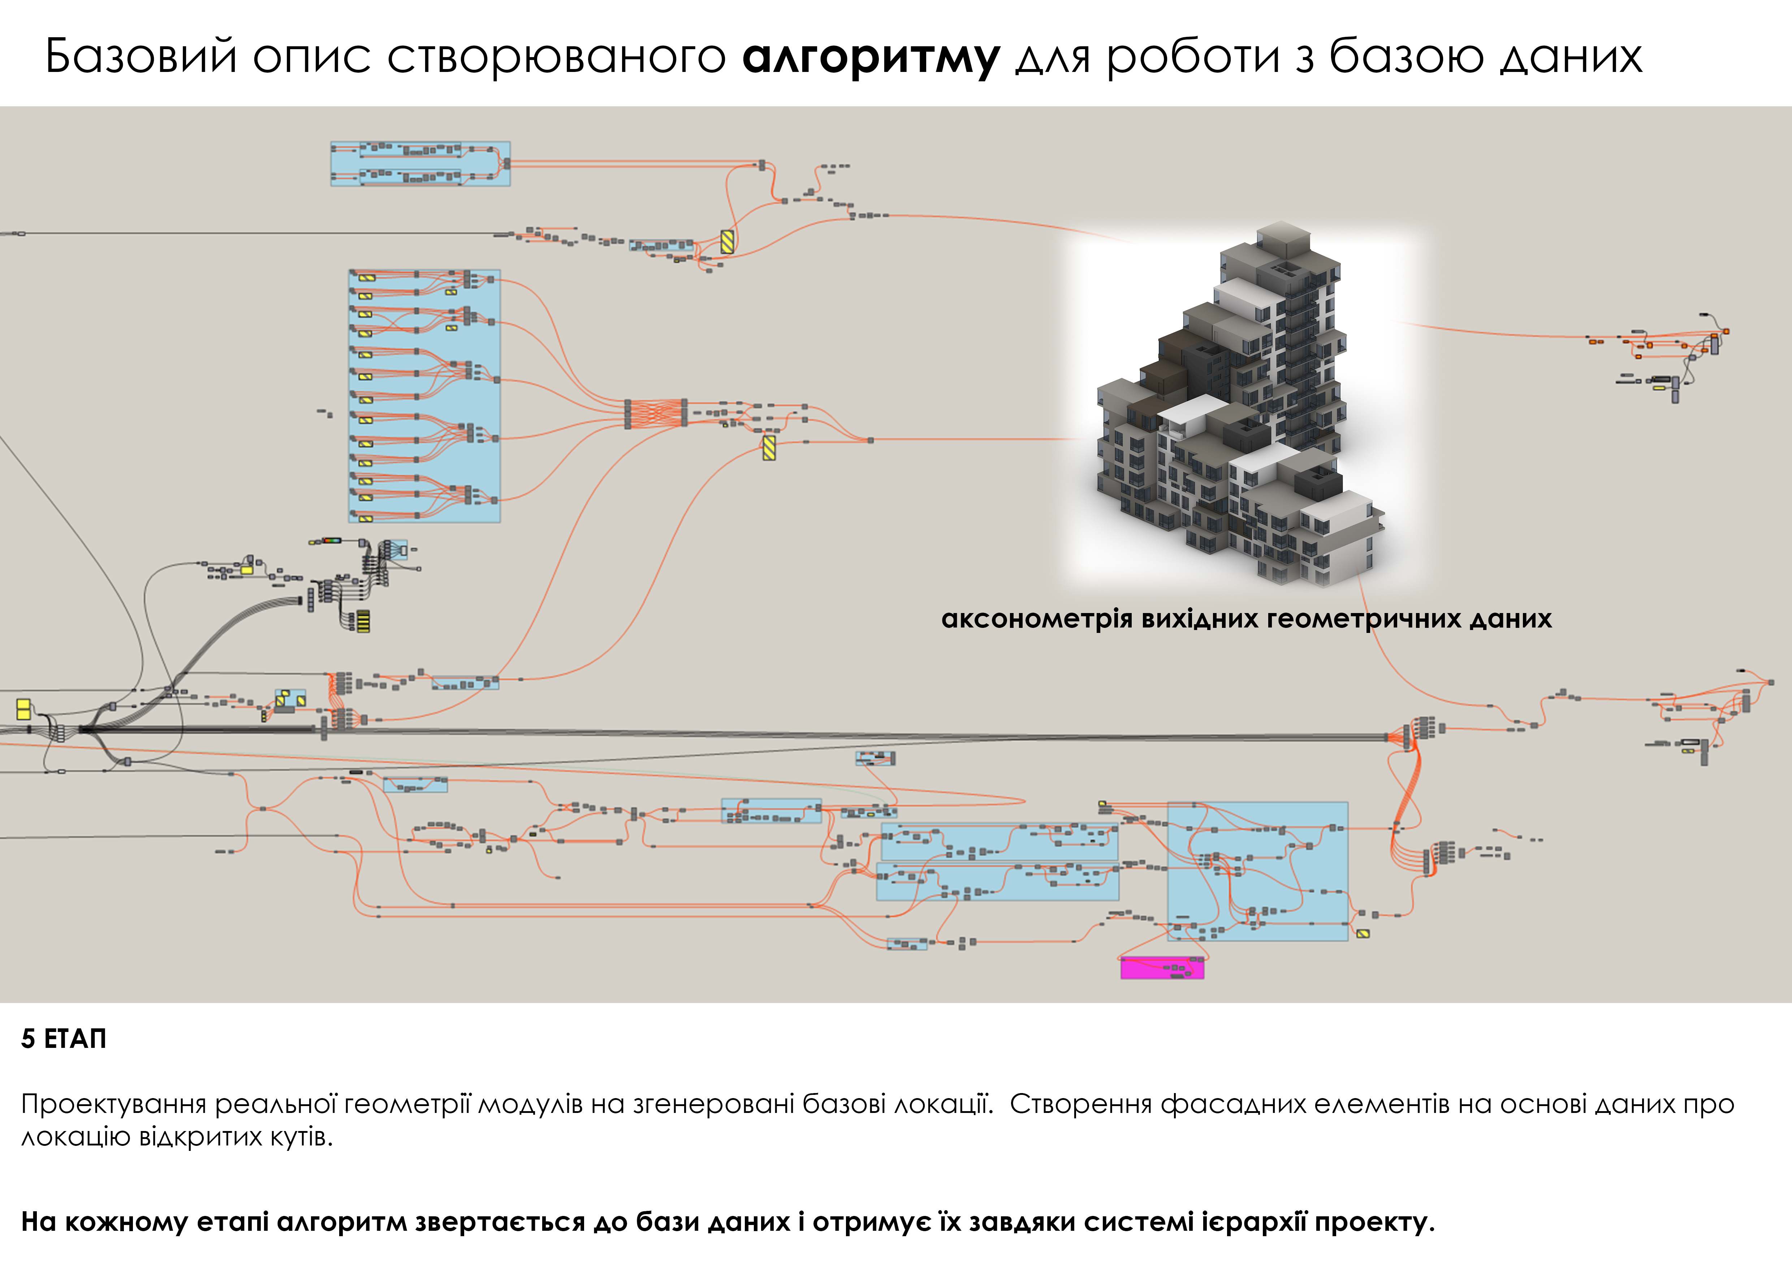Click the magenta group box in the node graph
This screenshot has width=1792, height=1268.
(1162, 968)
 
